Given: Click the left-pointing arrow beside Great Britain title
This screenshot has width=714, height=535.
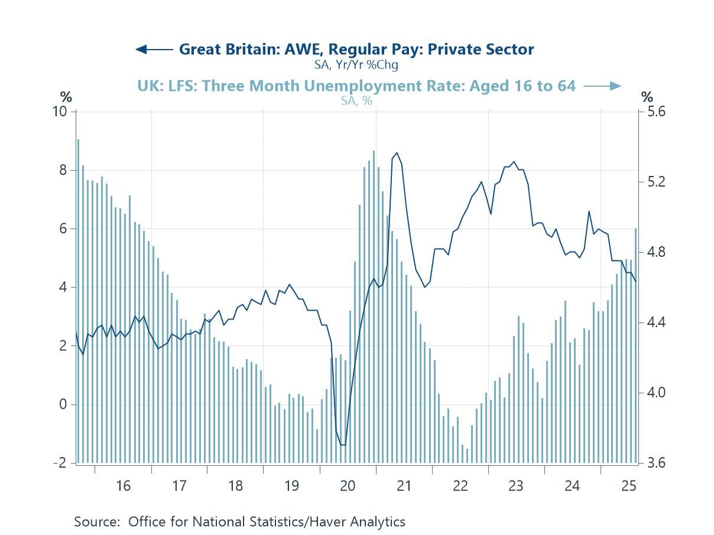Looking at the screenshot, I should tap(154, 49).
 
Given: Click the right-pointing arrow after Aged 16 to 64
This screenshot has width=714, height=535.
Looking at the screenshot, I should tap(602, 86).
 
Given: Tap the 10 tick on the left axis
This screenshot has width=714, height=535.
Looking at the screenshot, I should tap(60, 112).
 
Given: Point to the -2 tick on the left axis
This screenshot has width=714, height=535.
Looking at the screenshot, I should tap(60, 463).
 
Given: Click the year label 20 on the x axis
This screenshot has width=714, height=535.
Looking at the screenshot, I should tap(348, 486).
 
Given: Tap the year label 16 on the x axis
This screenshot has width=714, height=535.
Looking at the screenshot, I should tap(123, 486).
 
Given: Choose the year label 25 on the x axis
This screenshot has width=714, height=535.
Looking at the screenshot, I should tap(628, 486).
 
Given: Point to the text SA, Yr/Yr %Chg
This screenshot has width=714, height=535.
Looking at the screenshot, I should tap(356, 64).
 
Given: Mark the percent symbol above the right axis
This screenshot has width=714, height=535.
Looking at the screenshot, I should tap(648, 97).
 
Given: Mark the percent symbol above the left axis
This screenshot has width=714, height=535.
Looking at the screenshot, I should tap(66, 97).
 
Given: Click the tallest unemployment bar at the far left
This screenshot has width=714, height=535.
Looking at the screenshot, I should tap(78, 301).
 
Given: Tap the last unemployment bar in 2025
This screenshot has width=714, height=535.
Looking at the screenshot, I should tap(636, 345).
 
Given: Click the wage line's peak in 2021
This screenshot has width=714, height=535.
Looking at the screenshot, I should tap(397, 153).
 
